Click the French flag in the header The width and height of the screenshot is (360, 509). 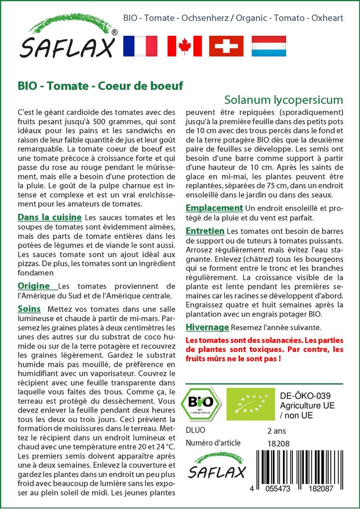pyautogui.click(x=140, y=46)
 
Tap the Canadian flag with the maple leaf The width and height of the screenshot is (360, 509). pyautogui.click(x=184, y=46)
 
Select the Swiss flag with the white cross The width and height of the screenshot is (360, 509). pyautogui.click(x=226, y=46)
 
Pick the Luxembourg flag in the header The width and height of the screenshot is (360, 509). pyautogui.click(x=269, y=46)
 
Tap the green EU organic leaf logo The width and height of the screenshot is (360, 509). pyautogui.click(x=247, y=403)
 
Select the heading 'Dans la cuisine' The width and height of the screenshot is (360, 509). pyautogui.click(x=50, y=217)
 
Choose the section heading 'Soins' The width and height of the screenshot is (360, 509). pyautogui.click(x=29, y=309)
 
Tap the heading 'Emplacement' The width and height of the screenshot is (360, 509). pyautogui.click(x=214, y=208)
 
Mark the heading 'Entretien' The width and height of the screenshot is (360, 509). pyautogui.click(x=205, y=231)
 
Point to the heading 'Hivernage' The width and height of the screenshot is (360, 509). pyautogui.click(x=207, y=327)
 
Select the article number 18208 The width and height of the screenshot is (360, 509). pyautogui.click(x=278, y=443)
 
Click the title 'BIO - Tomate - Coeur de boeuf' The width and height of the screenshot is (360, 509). pyautogui.click(x=100, y=85)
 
